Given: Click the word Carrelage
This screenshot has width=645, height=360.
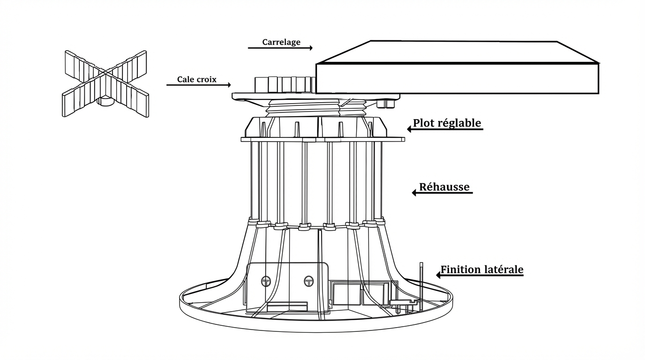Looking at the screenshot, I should [x=281, y=42].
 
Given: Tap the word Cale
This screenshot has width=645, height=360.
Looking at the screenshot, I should [x=185, y=79].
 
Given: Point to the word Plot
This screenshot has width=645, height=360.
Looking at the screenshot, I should [x=424, y=123].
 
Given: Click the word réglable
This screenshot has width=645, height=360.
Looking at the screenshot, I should [x=459, y=123].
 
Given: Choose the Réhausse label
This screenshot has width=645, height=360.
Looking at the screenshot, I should [x=444, y=187].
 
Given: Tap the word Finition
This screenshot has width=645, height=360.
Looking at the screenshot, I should [x=461, y=270].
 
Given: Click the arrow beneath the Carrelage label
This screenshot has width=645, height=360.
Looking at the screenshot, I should [x=280, y=48].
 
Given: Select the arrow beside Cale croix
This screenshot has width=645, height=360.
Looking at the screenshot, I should [x=199, y=85].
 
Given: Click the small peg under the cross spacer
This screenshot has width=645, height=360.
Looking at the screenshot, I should [x=104, y=101].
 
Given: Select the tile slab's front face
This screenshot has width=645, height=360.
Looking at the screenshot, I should [x=457, y=78].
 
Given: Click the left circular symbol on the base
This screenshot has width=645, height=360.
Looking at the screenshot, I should [x=266, y=281].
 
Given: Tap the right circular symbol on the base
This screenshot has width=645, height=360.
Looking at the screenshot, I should [x=308, y=281].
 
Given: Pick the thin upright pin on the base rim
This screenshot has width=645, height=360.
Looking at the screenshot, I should [x=421, y=284].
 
